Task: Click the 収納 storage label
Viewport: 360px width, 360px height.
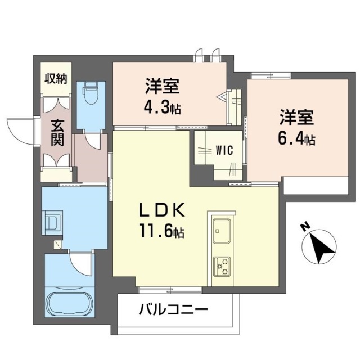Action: click(56, 78)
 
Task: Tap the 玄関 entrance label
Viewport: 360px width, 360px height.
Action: click(56, 133)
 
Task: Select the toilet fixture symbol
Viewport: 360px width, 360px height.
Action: click(91, 92)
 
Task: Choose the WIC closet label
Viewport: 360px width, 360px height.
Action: click(223, 150)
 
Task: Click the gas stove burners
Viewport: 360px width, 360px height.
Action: click(220, 265)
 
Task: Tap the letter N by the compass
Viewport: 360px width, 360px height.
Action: click(305, 227)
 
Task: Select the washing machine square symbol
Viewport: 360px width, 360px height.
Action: click(53, 220)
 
